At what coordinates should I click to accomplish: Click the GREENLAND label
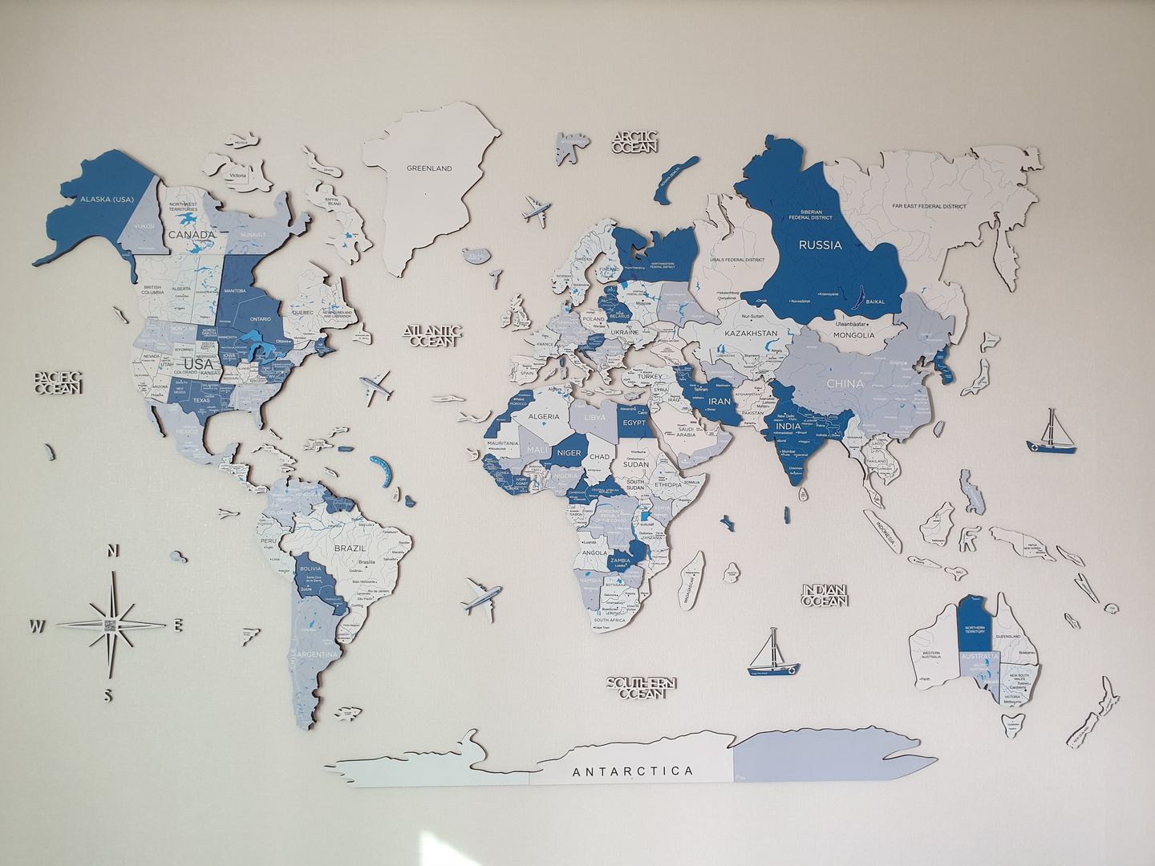tap(429, 168)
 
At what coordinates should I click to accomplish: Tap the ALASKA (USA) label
tap(106, 200)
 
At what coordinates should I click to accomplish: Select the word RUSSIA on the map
tap(820, 245)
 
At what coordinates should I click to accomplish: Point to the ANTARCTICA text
tap(633, 771)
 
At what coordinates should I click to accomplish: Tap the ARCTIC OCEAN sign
tap(635, 143)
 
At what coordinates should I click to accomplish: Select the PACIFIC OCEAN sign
tap(58, 382)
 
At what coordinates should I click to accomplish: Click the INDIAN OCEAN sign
tap(825, 594)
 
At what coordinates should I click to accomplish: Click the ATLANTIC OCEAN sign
tap(433, 335)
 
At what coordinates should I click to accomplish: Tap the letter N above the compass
tap(114, 551)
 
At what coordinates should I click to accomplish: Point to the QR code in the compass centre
tap(111, 626)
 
